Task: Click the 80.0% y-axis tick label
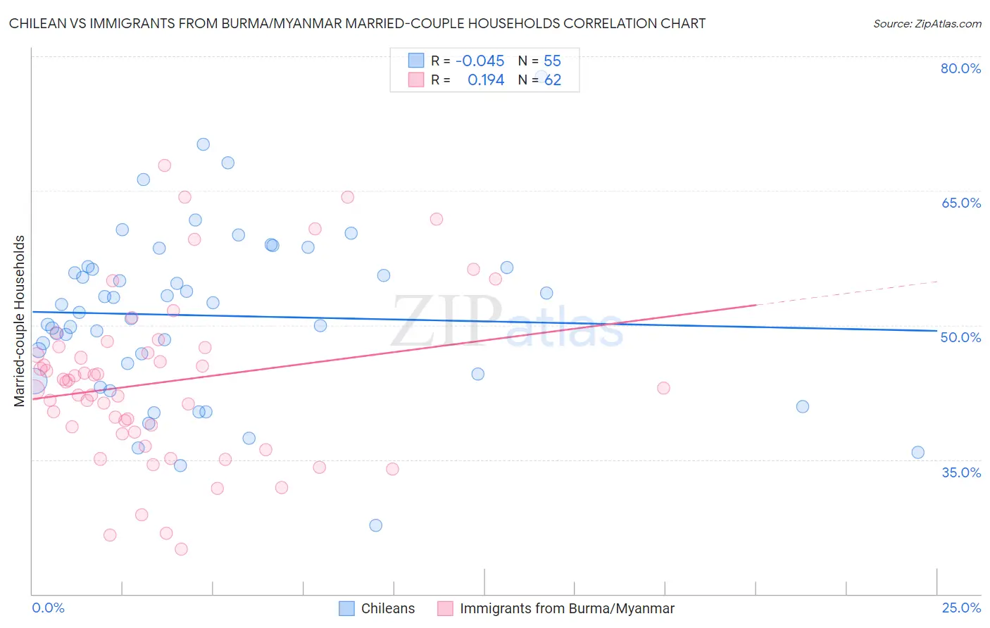[960, 68]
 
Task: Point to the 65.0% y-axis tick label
[960, 203]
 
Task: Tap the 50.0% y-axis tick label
[960, 337]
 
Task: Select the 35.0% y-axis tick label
[960, 472]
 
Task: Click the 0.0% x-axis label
[48, 608]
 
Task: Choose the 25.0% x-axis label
[961, 608]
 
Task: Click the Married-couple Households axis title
[20, 321]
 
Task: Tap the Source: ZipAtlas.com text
[927, 23]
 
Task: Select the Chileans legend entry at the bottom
[377, 608]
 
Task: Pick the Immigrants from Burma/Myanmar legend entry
[556, 608]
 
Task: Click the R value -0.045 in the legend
[480, 61]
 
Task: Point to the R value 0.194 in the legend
[486, 80]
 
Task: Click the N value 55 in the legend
[552, 61]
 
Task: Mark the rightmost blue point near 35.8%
[917, 453]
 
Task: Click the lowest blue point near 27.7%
[375, 525]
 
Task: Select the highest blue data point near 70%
[203, 144]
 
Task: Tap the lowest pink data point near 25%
[181, 549]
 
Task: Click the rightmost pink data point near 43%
[663, 388]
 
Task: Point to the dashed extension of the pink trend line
[845, 293]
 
